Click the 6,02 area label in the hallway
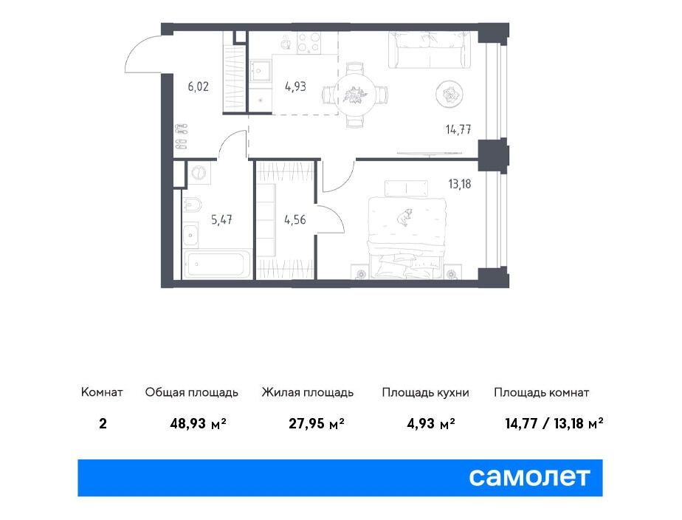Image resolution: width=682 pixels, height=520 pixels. [198, 86]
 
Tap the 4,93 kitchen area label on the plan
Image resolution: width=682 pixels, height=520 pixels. [295, 86]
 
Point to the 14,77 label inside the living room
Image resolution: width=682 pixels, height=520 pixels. [458, 129]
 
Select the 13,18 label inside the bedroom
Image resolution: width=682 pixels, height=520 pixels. [460, 184]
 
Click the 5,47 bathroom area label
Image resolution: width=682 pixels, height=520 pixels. [221, 220]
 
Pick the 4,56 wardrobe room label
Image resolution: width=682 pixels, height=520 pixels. [295, 220]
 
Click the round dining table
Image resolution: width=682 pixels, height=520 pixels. [355, 95]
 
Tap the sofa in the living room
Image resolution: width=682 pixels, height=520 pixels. [430, 49]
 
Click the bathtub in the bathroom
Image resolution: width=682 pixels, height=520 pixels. [218, 264]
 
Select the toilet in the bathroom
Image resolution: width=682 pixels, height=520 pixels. [191, 204]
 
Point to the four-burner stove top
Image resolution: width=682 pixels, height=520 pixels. [309, 43]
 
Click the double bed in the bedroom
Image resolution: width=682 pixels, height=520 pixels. [405, 238]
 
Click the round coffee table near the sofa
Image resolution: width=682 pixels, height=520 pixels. [449, 94]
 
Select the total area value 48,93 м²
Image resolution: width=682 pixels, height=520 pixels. [199, 423]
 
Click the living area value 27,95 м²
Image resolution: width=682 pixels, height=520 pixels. [317, 423]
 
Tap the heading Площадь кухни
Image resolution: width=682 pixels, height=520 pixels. [425, 392]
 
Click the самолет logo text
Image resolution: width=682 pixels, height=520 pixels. [529, 477]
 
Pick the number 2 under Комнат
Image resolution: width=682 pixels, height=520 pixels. [103, 423]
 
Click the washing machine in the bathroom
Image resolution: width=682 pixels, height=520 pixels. [199, 172]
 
